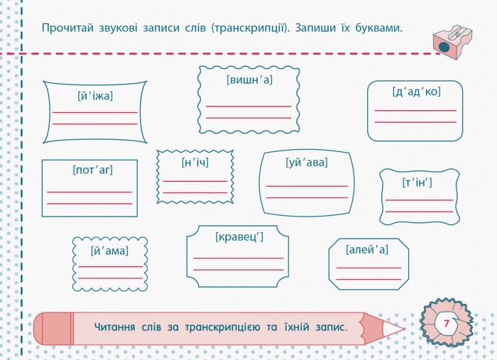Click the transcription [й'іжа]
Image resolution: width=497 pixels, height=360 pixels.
click(x=95, y=96)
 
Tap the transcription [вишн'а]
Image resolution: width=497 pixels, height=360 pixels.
click(x=249, y=80)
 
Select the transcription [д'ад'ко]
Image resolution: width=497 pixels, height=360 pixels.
click(x=417, y=92)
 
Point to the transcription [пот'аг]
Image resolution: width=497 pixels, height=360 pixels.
click(x=92, y=170)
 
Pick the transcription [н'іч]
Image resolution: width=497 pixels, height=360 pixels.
click(x=195, y=163)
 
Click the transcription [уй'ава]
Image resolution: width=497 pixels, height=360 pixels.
click(x=307, y=163)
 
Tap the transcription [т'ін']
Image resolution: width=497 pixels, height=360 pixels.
click(x=417, y=183)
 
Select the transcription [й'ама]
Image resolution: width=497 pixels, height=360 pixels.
click(x=109, y=251)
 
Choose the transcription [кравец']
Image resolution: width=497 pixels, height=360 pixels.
click(x=239, y=236)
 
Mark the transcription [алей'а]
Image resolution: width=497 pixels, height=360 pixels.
click(x=367, y=250)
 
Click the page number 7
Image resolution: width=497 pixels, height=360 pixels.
click(x=447, y=324)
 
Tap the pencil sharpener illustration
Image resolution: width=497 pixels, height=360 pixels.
click(x=452, y=42)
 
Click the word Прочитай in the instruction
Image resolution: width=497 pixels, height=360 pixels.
click(x=68, y=28)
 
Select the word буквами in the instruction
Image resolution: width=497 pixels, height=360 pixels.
click(x=378, y=28)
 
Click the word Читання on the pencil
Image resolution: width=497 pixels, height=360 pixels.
click(x=115, y=327)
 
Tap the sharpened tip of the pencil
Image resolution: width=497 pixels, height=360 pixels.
click(x=404, y=329)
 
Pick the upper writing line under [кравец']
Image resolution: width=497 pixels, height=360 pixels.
click(x=238, y=258)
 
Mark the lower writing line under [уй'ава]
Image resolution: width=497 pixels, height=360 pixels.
click(x=307, y=197)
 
